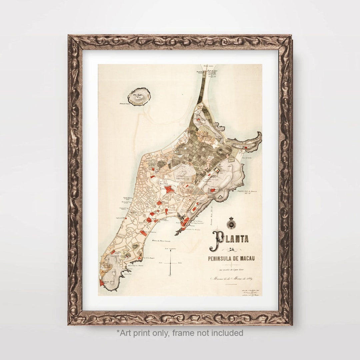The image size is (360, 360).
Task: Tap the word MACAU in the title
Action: pyautogui.click(x=250, y=259)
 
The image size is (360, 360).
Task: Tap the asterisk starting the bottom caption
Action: pyautogui.click(x=118, y=332)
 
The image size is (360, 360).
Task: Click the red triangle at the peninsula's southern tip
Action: pyautogui.click(x=101, y=282)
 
